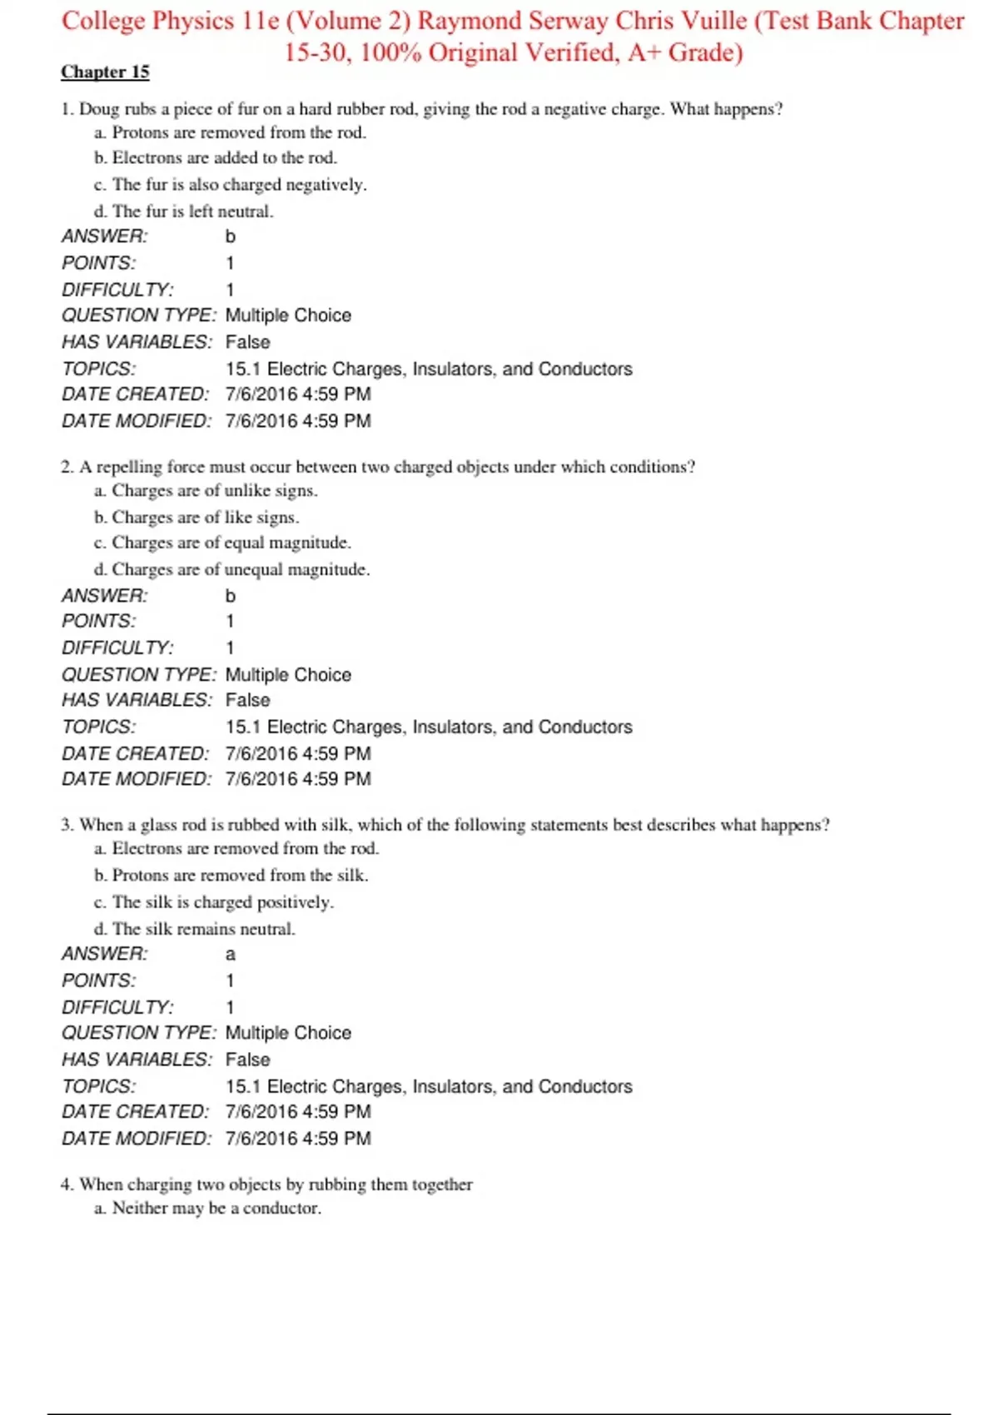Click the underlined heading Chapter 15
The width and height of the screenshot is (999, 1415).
(x=105, y=72)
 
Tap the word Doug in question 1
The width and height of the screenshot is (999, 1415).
(x=99, y=109)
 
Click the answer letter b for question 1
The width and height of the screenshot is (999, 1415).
(x=231, y=236)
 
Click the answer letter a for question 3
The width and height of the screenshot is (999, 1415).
(x=231, y=955)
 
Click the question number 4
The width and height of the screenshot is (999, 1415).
(x=67, y=1184)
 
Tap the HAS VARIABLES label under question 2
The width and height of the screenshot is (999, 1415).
(x=137, y=700)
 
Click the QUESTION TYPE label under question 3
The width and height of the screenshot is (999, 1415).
(x=138, y=1033)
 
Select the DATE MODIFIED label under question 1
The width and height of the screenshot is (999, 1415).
(x=137, y=421)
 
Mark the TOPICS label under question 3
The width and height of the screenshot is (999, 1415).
(x=98, y=1086)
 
